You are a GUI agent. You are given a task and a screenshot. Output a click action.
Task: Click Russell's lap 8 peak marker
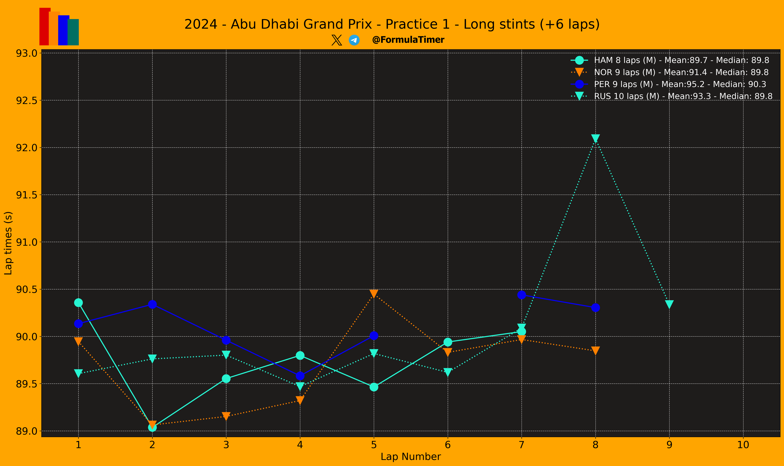[595, 138]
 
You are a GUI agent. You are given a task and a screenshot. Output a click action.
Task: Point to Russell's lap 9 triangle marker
[669, 304]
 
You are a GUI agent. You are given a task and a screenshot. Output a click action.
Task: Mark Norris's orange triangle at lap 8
[595, 350]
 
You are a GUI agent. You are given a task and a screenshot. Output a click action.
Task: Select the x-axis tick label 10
[743, 445]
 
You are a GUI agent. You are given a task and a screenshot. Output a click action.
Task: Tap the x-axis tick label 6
[448, 445]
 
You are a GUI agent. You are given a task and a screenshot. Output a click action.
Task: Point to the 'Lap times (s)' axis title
[8, 243]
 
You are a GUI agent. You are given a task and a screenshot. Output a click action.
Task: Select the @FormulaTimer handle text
[408, 40]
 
